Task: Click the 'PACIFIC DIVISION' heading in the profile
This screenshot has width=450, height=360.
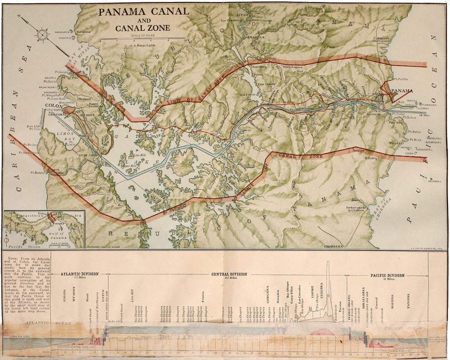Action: tap(387, 275)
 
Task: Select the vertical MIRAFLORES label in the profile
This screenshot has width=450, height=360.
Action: tap(363, 295)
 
